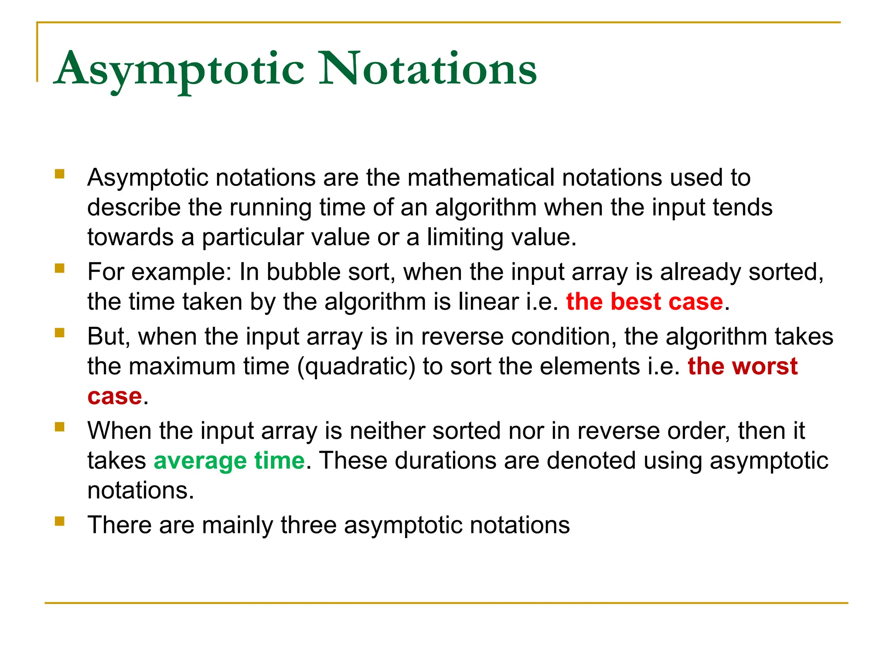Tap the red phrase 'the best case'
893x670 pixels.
pyautogui.click(x=644, y=302)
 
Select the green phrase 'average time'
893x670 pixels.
pyautogui.click(x=229, y=461)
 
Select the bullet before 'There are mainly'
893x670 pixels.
pyautogui.click(x=60, y=521)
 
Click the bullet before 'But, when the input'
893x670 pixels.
pyautogui.click(x=60, y=333)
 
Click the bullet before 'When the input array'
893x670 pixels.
pyautogui.click(x=60, y=427)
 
